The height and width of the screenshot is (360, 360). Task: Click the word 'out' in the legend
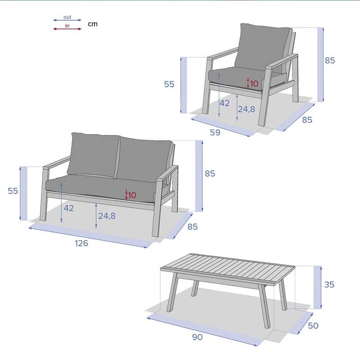(x=67, y=17)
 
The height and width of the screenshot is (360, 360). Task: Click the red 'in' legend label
(x=67, y=26)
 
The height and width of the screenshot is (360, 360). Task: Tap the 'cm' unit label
(x=93, y=24)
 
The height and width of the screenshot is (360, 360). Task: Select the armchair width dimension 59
(x=215, y=132)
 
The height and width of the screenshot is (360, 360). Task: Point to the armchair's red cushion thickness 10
(x=254, y=84)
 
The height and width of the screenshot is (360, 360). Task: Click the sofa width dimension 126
(x=81, y=243)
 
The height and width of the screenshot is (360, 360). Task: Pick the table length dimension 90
(x=197, y=337)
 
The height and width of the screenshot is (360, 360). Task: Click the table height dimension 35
(x=329, y=285)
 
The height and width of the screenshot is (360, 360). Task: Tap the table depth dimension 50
(x=313, y=325)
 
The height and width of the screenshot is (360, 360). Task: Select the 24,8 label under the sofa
(x=107, y=216)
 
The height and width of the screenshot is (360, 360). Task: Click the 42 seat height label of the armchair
(x=225, y=103)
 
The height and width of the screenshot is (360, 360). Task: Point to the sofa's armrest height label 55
(x=13, y=191)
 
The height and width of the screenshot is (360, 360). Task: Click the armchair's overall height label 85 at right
(x=330, y=61)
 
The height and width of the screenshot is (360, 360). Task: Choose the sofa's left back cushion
(x=93, y=155)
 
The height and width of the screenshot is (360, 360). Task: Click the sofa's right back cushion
(x=144, y=158)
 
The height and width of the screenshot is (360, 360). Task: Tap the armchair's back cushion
(x=263, y=47)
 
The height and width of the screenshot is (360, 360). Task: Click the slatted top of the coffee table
(x=228, y=268)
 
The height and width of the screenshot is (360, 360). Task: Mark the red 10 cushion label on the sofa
(x=132, y=195)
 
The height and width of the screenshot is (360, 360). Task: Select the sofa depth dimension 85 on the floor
(x=193, y=227)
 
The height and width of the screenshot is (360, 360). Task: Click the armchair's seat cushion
(x=237, y=77)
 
